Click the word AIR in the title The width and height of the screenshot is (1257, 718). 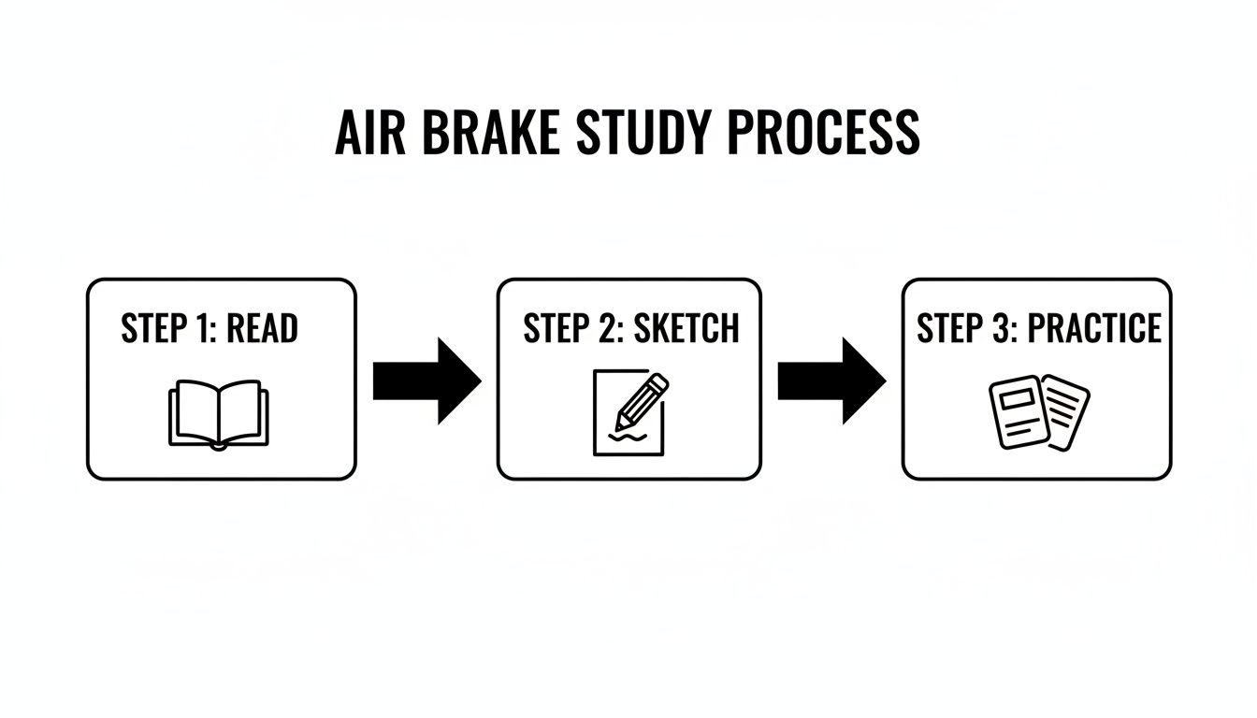coord(371,134)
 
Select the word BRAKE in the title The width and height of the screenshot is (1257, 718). coord(491,134)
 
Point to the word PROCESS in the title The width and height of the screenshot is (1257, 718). coord(823,134)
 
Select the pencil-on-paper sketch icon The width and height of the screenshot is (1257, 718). coord(629,412)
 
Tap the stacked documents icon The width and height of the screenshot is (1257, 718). coord(1039,411)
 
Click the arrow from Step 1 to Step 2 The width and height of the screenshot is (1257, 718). coord(426,381)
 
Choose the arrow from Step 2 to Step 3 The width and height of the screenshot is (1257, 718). coord(831,381)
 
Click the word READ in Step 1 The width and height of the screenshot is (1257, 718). coord(263,329)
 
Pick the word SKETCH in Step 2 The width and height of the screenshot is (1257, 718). coord(686,329)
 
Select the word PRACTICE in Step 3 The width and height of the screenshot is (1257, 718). coord(1094,329)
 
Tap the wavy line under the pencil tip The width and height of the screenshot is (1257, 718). coord(624,436)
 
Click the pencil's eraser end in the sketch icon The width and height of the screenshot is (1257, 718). coord(659,382)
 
